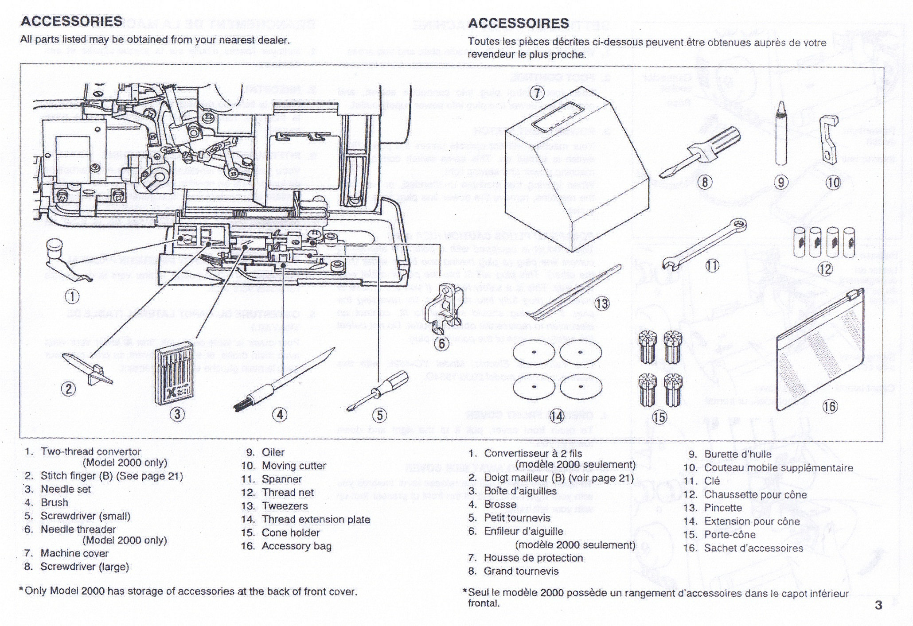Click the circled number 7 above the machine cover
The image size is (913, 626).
pos(537,93)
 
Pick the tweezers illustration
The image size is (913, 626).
pos(576,295)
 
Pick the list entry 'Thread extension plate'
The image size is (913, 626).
pos(316,519)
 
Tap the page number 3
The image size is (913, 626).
pos(878,605)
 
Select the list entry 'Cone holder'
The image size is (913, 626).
pos(290,533)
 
